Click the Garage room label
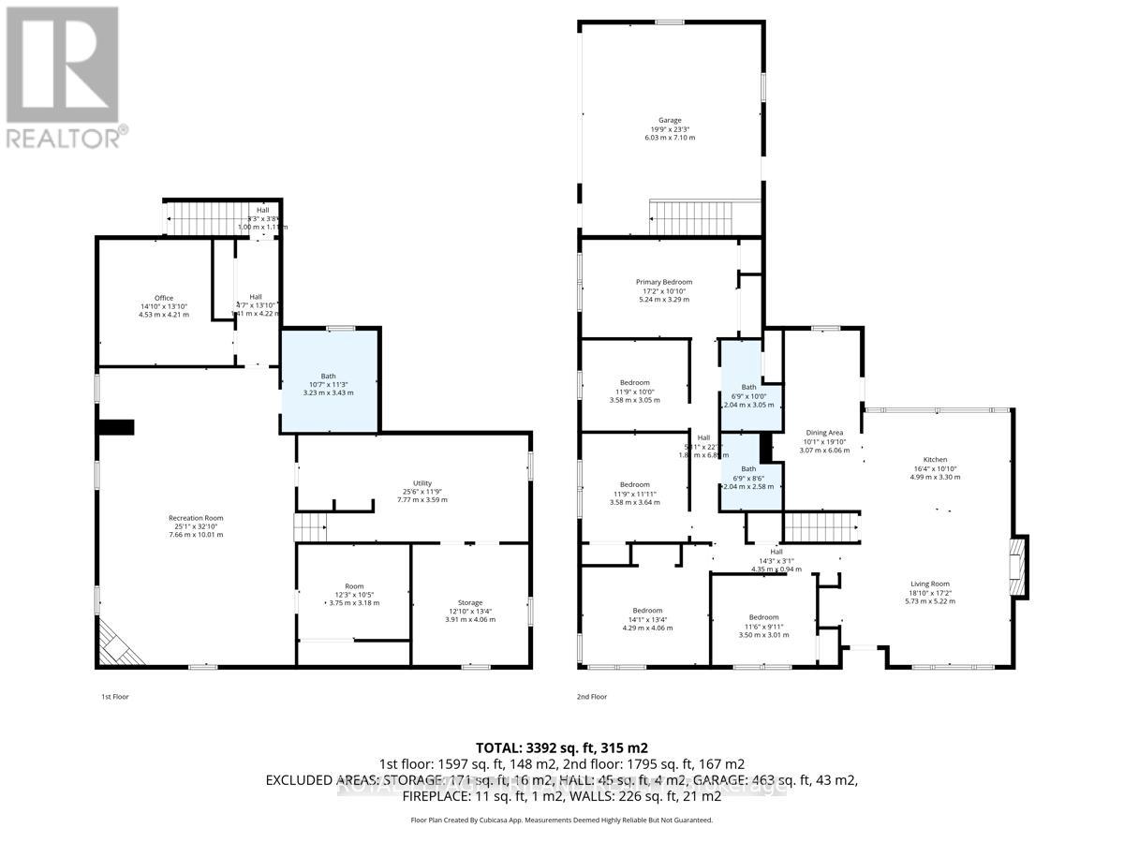669,121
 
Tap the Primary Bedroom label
663,282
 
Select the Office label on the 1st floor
164,299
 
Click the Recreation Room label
196,518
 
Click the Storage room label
469,602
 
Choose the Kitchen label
935,460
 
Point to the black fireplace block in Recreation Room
116,427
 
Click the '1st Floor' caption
113,697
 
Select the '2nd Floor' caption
592,697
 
